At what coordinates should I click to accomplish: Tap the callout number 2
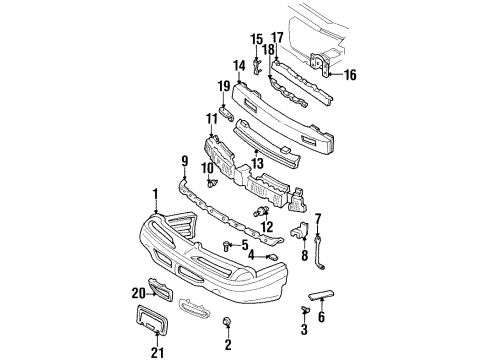[x=228, y=345]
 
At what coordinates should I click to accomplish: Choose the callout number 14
[x=238, y=66]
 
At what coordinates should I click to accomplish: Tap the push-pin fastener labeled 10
[x=212, y=184]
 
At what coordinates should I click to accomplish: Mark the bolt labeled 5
[x=228, y=245]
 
